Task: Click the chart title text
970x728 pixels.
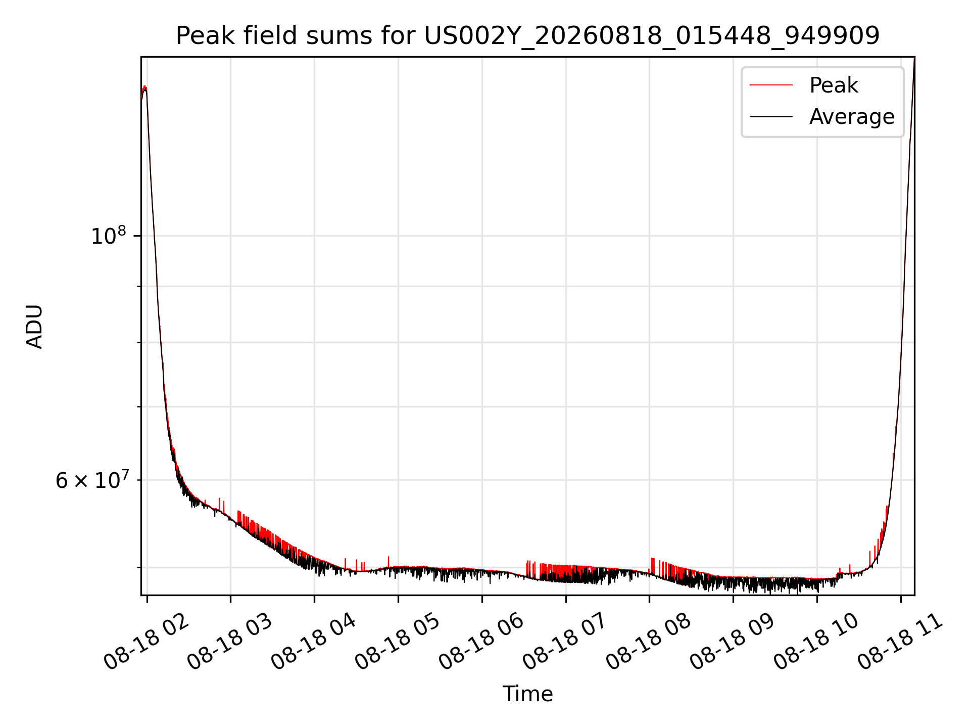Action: click(x=527, y=36)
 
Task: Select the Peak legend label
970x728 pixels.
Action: click(x=834, y=85)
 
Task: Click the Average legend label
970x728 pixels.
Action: click(x=852, y=117)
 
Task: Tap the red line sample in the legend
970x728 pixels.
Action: click(x=771, y=85)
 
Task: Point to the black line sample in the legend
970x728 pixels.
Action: click(x=771, y=117)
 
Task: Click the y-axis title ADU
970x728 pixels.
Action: click(x=34, y=326)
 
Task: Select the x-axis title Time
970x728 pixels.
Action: click(x=527, y=694)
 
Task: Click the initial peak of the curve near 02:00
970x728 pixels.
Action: click(x=145, y=87)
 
